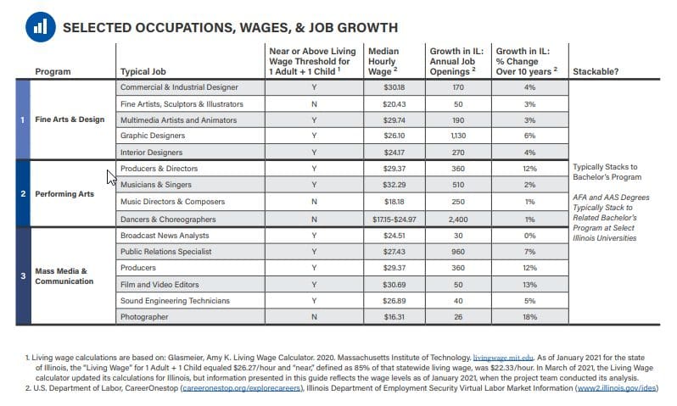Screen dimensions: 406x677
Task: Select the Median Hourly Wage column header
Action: [x=383, y=61]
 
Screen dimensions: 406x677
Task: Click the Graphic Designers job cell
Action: [x=149, y=136]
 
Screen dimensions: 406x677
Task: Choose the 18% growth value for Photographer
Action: [x=529, y=316]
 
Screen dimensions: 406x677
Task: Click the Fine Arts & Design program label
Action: [x=70, y=120]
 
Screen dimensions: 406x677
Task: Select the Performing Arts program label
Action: [x=64, y=194]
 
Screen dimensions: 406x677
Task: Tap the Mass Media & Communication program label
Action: [x=64, y=276]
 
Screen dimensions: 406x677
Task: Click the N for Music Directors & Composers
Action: [x=314, y=202]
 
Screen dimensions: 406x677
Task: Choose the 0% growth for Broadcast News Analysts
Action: [x=529, y=235]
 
